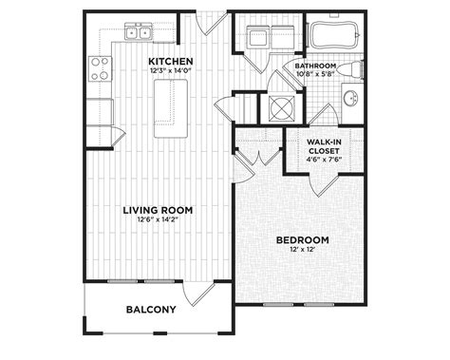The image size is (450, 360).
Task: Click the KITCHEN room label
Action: (x=171, y=61)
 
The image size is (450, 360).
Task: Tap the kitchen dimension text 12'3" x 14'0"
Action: (x=171, y=70)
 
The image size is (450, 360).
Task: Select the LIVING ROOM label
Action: (x=158, y=210)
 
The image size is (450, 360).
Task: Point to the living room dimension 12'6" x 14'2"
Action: (x=158, y=219)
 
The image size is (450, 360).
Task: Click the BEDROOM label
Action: (x=303, y=240)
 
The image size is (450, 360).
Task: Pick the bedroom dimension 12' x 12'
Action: (x=303, y=249)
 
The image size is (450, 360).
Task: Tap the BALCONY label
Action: (x=151, y=310)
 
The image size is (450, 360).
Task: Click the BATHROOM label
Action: (x=315, y=66)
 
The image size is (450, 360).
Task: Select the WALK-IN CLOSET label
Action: (x=324, y=146)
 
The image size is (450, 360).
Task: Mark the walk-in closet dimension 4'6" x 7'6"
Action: (x=324, y=160)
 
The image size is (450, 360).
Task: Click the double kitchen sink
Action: (x=138, y=31)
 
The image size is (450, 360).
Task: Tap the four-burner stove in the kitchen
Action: (x=100, y=68)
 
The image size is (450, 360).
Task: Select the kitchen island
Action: (x=171, y=108)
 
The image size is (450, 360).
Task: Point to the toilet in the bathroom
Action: (x=349, y=69)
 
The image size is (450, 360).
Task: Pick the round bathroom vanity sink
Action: (x=351, y=98)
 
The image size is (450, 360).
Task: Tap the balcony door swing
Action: (x=199, y=294)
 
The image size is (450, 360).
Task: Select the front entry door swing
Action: (x=212, y=23)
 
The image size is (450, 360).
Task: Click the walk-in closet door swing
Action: (x=324, y=185)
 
